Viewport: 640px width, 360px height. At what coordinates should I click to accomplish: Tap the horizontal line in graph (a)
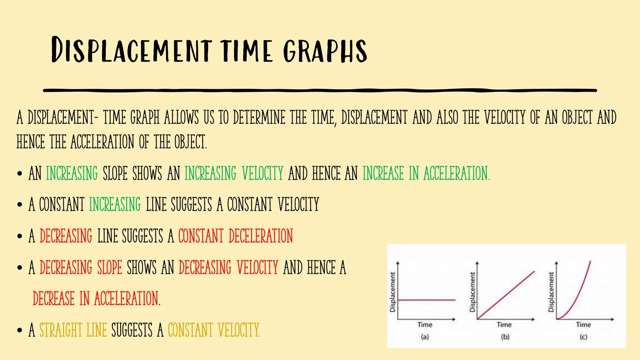427,300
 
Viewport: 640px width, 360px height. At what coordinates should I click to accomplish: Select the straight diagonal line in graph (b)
506,295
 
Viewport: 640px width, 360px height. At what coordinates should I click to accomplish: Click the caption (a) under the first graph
425,337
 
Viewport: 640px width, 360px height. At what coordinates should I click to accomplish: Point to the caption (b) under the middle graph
505,337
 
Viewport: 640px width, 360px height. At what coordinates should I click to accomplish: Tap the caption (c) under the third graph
583,337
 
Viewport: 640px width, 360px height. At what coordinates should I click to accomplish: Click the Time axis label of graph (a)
425,324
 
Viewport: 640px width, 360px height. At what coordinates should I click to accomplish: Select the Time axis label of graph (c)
583,324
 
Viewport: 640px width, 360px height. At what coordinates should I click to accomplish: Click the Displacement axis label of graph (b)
472,292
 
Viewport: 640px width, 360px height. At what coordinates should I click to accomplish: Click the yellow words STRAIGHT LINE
73,330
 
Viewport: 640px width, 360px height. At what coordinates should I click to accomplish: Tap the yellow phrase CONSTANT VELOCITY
214,330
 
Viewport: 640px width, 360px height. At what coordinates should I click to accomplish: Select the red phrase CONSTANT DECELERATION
235,236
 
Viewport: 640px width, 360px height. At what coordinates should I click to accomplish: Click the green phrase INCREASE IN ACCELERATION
426,173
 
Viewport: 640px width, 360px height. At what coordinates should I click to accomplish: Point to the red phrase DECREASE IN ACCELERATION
96,298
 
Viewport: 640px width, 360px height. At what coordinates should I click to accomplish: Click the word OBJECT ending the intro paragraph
190,142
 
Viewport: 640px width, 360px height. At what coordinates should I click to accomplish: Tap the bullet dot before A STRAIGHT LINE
20,330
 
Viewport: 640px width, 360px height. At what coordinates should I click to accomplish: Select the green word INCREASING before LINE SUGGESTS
115,204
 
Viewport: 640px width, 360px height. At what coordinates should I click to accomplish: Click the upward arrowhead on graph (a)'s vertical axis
398,264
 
